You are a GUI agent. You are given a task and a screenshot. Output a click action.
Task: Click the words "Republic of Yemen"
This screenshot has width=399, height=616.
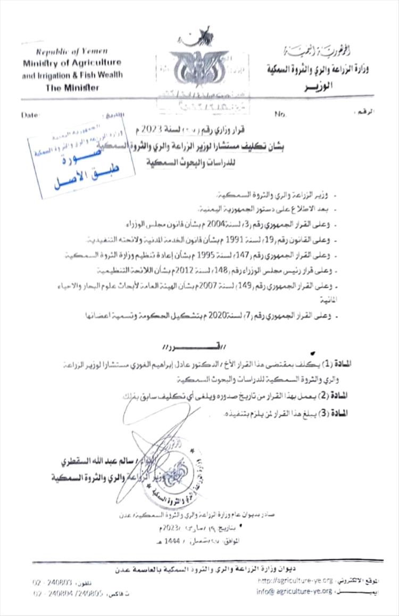tap(72, 51)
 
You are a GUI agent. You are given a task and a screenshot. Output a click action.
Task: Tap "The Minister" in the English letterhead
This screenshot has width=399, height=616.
tap(72, 88)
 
